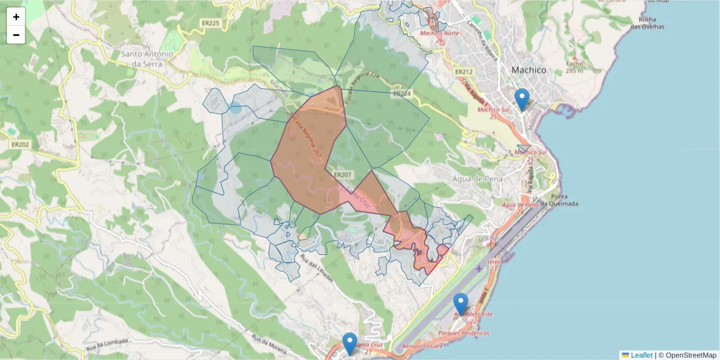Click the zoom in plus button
[x=16, y=17]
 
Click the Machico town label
[x=529, y=70]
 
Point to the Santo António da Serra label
[x=148, y=58]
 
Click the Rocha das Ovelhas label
[x=647, y=23]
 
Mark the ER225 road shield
[x=211, y=23]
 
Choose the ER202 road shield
[x=20, y=144]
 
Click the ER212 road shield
[x=464, y=72]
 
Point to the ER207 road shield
[x=341, y=175]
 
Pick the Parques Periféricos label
[x=464, y=332]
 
